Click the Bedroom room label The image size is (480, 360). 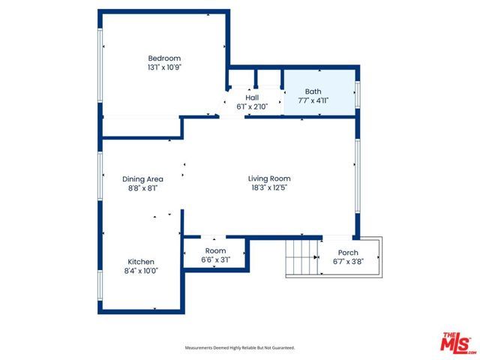pos(164,58)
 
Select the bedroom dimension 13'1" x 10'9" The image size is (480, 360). pos(164,67)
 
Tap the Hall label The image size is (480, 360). pos(253,97)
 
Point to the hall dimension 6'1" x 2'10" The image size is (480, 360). pos(253,106)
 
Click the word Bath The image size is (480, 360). pos(313,91)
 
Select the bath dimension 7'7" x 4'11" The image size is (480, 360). pos(313,100)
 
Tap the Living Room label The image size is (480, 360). pos(269,178)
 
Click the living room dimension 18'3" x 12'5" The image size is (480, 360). pos(269,187)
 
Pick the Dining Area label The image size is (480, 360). pos(142,179)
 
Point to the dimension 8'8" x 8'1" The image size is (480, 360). pos(142,188)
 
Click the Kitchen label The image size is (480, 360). pos(140,262)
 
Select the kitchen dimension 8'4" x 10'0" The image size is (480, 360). pos(140,271)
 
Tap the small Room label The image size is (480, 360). pos(215,251)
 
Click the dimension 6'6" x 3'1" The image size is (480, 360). pos(215,259)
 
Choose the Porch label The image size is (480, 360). pos(348,253)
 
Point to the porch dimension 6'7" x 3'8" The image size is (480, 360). pos(348,262)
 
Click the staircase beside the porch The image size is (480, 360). pos(303,258)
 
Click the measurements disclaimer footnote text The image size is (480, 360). pos(240,348)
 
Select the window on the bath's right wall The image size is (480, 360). pos(358,91)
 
